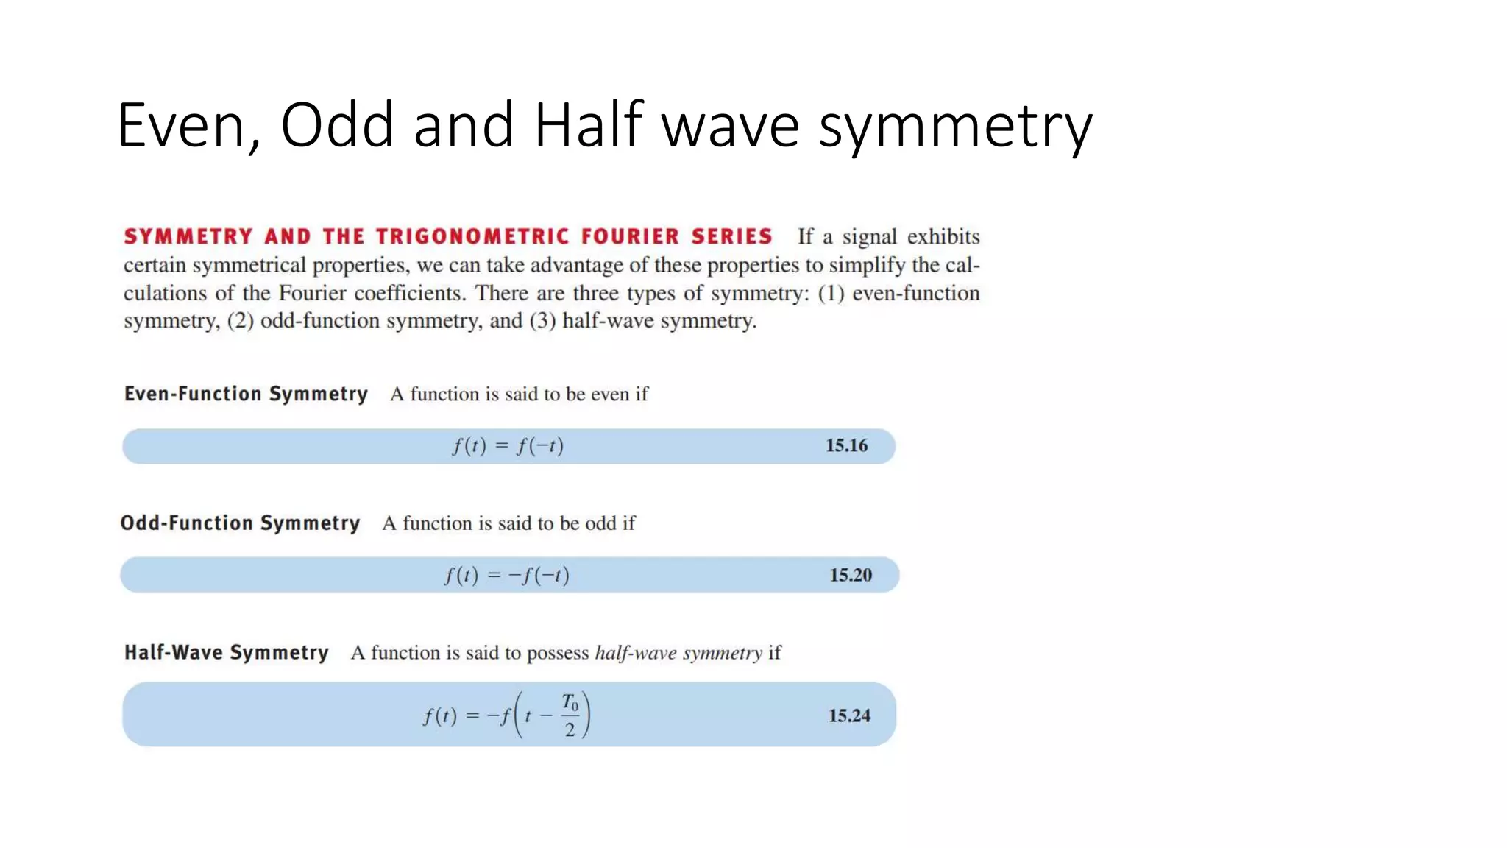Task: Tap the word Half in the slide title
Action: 588,125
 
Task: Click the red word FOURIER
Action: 630,236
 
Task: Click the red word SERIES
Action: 731,236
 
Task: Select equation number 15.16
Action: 846,445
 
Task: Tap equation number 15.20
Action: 851,575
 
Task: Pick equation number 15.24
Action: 849,715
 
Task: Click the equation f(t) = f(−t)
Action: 508,446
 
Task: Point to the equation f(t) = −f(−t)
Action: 506,575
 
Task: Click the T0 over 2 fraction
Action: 570,715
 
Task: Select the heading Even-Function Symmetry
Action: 246,394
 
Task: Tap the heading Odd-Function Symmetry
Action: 241,523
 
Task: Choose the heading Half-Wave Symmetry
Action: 226,652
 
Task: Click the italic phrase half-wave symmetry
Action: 678,653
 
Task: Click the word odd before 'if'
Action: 600,523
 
